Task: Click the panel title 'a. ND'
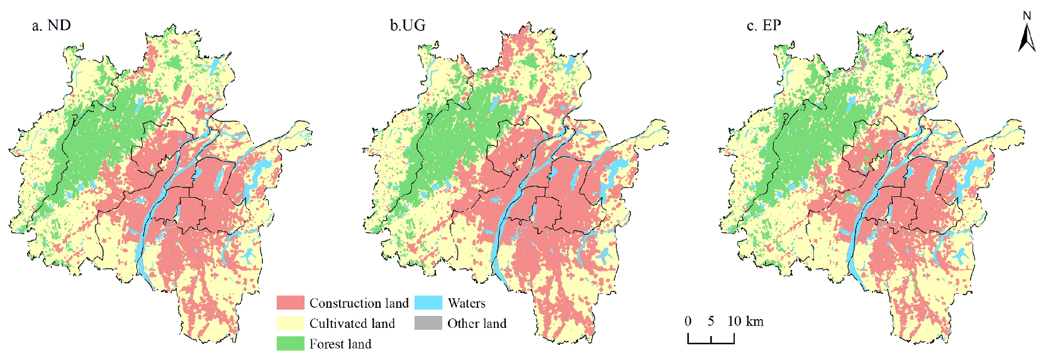pyautogui.click(x=52, y=26)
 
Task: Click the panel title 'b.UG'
pyautogui.click(x=408, y=26)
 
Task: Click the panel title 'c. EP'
pyautogui.click(x=764, y=26)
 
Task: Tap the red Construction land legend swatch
pyautogui.click(x=290, y=303)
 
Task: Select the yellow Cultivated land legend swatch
pyautogui.click(x=290, y=323)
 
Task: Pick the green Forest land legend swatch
pyautogui.click(x=290, y=344)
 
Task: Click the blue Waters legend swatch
pyautogui.click(x=428, y=303)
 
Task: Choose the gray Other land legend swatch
pyautogui.click(x=428, y=323)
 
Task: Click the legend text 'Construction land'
pyautogui.click(x=359, y=303)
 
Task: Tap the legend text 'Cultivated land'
pyautogui.click(x=352, y=323)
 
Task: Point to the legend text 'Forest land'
pyautogui.click(x=340, y=344)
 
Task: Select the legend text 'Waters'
pyautogui.click(x=466, y=303)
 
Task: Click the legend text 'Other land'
pyautogui.click(x=476, y=323)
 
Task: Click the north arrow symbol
pyautogui.click(x=1027, y=38)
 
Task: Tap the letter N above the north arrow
pyautogui.click(x=1027, y=16)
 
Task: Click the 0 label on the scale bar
pyautogui.click(x=688, y=322)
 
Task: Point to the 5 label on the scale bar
pyautogui.click(x=711, y=322)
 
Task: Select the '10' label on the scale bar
pyautogui.click(x=734, y=322)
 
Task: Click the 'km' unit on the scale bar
pyautogui.click(x=755, y=322)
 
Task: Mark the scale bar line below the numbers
pyautogui.click(x=711, y=342)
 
